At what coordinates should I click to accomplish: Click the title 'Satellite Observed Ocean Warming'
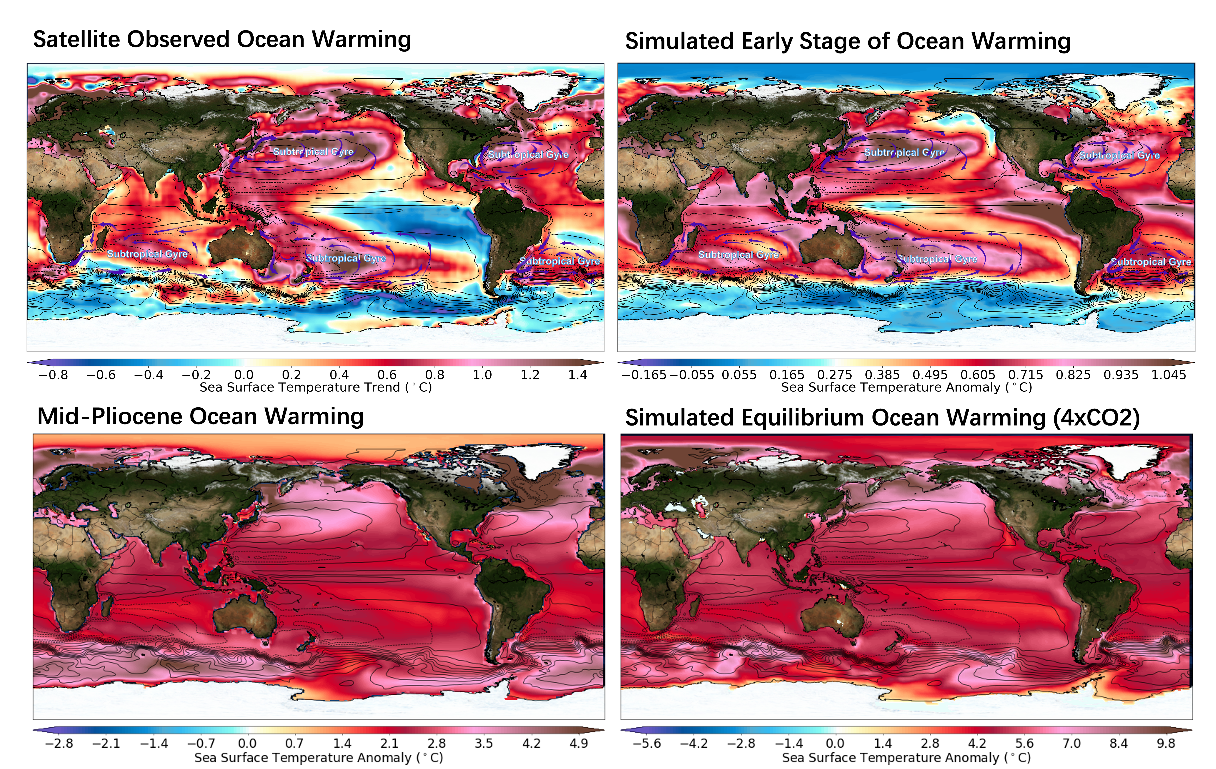[x=222, y=39]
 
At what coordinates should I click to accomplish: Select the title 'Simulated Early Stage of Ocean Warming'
[x=848, y=41]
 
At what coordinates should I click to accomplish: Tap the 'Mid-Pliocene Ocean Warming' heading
[x=200, y=417]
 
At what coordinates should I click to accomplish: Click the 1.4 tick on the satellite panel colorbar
[x=578, y=375]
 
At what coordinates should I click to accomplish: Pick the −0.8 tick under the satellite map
[x=53, y=375]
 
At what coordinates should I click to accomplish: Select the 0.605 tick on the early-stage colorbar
[x=978, y=375]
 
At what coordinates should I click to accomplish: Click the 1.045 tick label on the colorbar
[x=1169, y=375]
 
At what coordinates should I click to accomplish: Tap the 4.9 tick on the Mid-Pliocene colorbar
[x=579, y=743]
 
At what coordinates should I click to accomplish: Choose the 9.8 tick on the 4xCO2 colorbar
[x=1166, y=743]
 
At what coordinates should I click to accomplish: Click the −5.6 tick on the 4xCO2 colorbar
[x=647, y=743]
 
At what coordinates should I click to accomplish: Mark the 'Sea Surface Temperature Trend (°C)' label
[x=316, y=387]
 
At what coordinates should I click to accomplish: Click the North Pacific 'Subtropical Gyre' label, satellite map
[x=313, y=151]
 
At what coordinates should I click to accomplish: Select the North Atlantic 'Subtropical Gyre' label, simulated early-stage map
[x=1120, y=156]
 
